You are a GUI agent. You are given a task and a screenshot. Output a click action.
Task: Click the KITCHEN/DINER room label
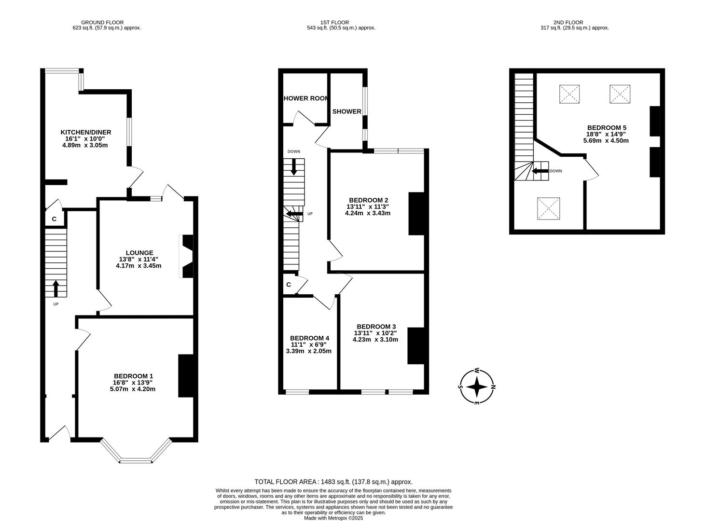point(85,132)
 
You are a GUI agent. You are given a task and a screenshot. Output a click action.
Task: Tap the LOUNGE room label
point(139,253)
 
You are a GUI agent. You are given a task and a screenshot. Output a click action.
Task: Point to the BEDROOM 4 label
point(309,338)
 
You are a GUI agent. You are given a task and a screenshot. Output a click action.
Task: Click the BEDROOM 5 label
point(607,128)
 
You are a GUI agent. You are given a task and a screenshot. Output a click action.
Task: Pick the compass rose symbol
point(477,386)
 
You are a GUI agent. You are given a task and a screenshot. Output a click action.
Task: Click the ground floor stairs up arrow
point(56,288)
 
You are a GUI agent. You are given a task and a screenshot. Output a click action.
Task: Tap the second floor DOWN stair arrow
point(540,171)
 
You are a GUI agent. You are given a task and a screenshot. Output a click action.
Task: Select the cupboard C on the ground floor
point(54,219)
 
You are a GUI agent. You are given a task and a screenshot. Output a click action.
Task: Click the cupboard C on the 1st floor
point(289,285)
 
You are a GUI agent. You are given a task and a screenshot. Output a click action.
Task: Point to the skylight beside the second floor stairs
point(549,208)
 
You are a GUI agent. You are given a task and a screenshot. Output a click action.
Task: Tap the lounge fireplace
point(187,256)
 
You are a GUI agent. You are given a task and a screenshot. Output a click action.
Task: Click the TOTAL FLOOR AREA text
point(333,481)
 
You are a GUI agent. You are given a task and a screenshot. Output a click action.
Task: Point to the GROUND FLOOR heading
point(102,22)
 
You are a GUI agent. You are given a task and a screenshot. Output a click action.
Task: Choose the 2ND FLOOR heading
point(568,22)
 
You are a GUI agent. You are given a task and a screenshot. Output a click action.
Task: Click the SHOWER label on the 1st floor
point(346,111)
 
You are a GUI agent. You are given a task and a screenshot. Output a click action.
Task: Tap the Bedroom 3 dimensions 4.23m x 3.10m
point(375,340)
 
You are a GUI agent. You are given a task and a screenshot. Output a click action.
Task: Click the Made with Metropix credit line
point(333,518)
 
